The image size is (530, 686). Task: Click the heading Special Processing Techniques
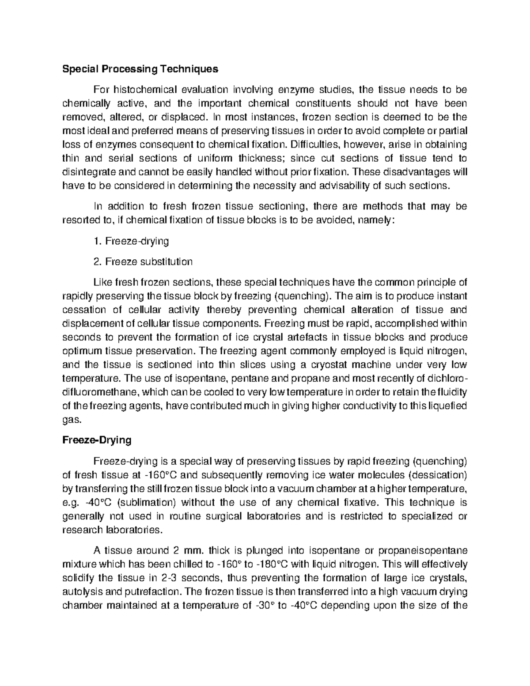pyautogui.click(x=140, y=69)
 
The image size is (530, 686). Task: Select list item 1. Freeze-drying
pyautogui.click(x=131, y=241)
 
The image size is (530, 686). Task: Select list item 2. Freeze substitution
pyautogui.click(x=143, y=262)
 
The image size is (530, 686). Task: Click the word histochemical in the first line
pyautogui.click(x=142, y=90)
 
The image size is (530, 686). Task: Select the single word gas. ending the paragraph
pyautogui.click(x=72, y=420)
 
